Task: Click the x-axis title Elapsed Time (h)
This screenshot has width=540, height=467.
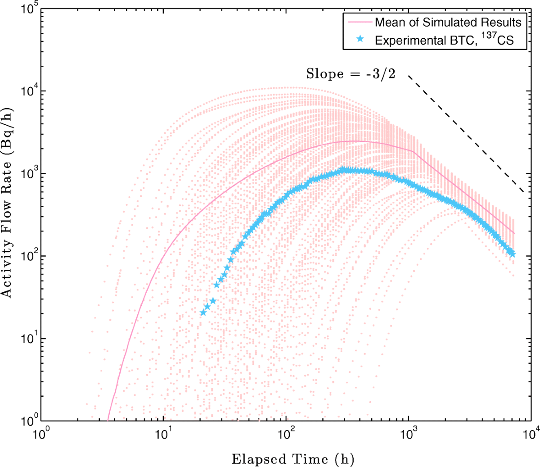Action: pos(292,459)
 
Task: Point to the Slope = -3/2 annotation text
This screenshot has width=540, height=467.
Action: pos(351,74)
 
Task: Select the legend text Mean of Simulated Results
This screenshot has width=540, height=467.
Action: pos(448,22)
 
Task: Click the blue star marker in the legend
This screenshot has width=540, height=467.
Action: pos(360,40)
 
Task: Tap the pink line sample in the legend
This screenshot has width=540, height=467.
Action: pos(359,22)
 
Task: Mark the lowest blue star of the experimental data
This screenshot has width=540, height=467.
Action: pos(203,312)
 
